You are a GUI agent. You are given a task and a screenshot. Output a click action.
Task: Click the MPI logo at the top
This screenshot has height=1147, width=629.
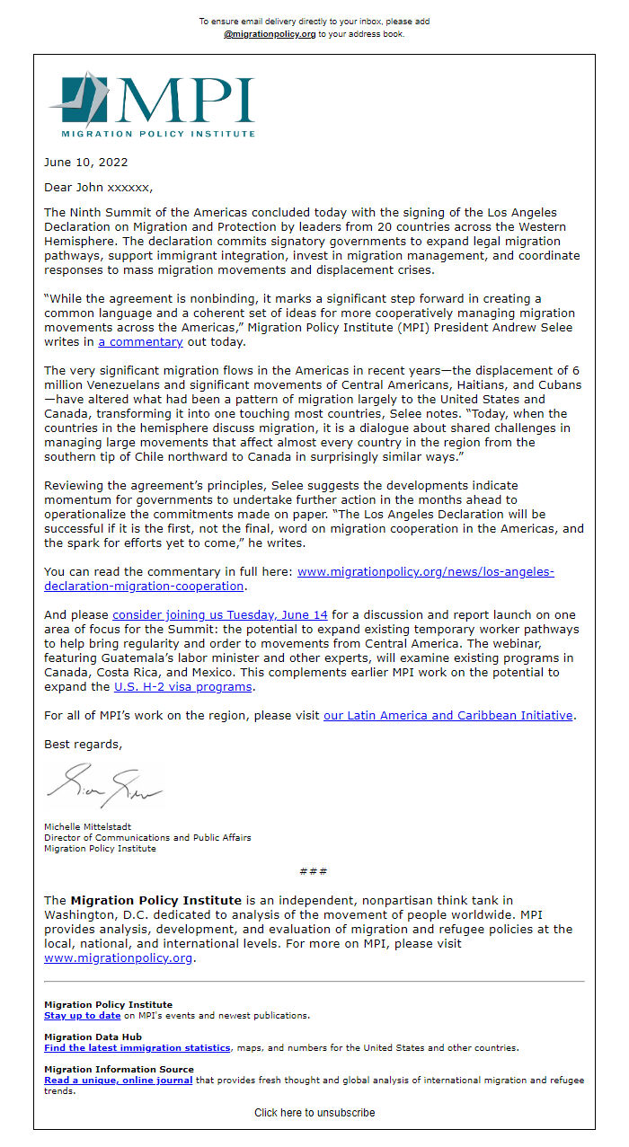pos(152,104)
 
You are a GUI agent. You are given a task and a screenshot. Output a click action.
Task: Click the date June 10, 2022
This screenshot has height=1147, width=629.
pos(85,163)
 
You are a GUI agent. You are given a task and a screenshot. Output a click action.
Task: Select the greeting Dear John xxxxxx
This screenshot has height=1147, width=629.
pos(98,188)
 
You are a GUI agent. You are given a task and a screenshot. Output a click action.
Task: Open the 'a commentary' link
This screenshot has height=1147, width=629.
pos(140,342)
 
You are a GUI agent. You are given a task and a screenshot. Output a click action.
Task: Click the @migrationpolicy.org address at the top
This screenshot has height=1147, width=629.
pos(270,34)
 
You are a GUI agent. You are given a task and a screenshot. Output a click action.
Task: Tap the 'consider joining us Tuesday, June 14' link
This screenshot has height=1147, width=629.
pos(219,614)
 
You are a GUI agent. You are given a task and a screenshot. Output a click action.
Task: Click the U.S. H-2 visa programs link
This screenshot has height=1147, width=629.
pos(182,686)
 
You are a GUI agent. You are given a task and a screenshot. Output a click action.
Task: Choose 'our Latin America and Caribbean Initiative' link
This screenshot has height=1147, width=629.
pos(447,716)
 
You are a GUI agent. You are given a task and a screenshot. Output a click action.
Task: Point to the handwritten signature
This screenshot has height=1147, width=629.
pos(104,786)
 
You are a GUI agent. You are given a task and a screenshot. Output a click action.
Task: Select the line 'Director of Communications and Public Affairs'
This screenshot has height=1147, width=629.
pos(147,837)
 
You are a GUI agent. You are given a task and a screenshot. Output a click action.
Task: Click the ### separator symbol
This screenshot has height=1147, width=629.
pos(314,871)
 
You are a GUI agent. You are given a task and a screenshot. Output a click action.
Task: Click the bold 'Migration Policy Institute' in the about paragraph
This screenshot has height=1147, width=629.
pos(155,900)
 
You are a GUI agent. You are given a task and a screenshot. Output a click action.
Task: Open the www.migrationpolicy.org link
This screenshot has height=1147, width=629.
pos(119,957)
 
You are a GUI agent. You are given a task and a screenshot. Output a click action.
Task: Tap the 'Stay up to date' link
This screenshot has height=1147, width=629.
pos(82,1015)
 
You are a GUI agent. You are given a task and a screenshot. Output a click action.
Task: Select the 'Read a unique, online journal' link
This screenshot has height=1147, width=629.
pos(118,1080)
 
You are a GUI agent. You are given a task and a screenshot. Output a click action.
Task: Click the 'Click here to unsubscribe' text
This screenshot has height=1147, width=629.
pos(314,1112)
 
